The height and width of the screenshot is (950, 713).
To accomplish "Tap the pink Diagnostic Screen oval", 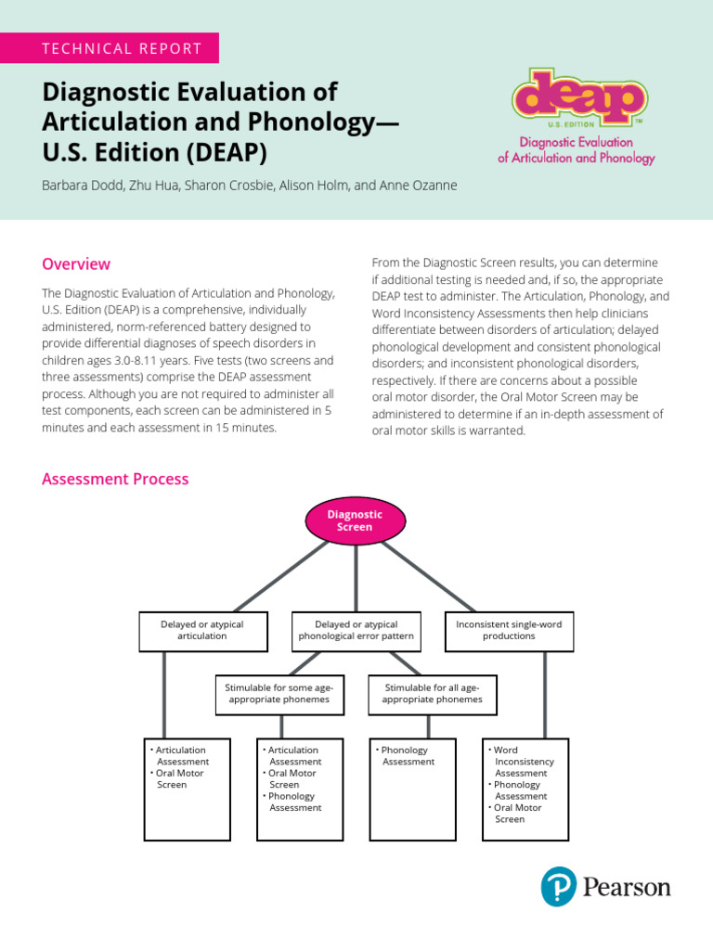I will click(355, 520).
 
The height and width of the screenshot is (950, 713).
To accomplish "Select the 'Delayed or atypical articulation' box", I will click(202, 631).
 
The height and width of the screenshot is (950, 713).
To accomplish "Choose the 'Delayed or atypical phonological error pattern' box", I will click(356, 631).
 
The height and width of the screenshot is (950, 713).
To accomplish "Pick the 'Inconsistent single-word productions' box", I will click(509, 631).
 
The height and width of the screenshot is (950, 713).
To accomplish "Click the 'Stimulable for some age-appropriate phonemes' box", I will click(279, 694).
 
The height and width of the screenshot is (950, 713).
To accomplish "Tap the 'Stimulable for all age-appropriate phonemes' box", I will click(432, 694).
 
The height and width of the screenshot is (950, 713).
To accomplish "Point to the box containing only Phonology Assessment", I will click(412, 789).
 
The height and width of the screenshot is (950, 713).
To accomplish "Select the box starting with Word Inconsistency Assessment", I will click(525, 789).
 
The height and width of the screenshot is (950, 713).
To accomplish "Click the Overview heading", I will click(76, 264).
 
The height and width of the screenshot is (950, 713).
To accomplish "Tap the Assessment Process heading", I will click(115, 480).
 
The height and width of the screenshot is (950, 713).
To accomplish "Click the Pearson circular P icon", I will click(559, 887).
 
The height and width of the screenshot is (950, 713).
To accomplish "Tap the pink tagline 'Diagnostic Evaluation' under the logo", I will click(576, 143).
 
